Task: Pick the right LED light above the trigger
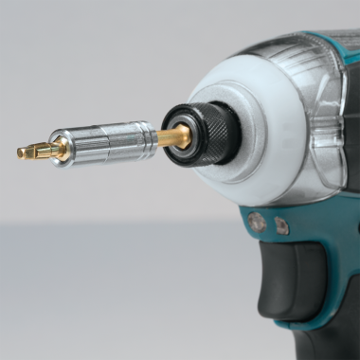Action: [281, 226]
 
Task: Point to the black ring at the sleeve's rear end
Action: [153, 138]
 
